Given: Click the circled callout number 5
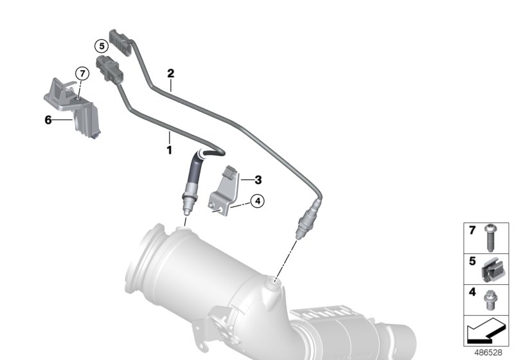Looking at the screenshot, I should pyautogui.click(x=100, y=46).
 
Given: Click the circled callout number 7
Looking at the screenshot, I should pyautogui.click(x=82, y=73).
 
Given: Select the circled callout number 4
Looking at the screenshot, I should pyautogui.click(x=256, y=202).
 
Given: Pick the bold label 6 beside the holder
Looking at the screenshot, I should pyautogui.click(x=48, y=120).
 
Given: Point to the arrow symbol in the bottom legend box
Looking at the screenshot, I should pyautogui.click(x=487, y=332).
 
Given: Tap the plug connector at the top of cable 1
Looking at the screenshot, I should pyautogui.click(x=105, y=68).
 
